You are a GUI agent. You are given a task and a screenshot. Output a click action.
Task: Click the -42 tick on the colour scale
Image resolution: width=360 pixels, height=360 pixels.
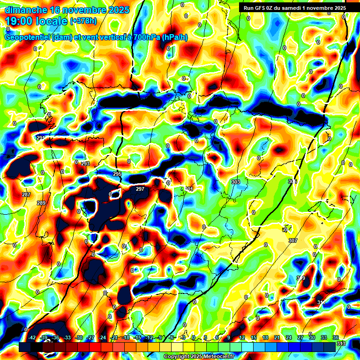32,337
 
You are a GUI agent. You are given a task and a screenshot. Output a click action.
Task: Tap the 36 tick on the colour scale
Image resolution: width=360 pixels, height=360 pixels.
336,337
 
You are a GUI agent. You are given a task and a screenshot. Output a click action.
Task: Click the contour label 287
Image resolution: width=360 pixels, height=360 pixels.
26,195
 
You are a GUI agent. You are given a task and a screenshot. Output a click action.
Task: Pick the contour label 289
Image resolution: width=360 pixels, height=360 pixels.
41,203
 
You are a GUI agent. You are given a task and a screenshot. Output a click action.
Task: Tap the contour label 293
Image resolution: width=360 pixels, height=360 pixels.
85,164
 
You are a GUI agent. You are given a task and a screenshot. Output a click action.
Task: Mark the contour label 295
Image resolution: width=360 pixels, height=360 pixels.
117,174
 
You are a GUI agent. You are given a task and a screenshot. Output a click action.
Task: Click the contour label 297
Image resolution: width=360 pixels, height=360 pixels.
140,189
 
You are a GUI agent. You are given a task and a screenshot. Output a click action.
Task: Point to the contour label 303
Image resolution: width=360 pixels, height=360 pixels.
236,181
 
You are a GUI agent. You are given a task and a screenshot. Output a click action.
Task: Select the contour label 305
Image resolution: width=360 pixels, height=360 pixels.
292,181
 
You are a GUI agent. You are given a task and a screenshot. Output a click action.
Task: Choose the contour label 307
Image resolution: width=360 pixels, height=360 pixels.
293,240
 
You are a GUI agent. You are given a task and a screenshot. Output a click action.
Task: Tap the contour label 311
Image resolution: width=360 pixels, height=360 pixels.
321,302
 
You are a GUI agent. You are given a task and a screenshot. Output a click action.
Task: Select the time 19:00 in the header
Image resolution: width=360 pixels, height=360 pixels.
22,21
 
